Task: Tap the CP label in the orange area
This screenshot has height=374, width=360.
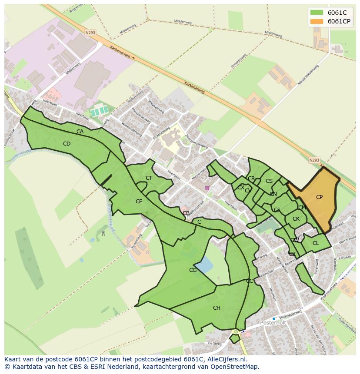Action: pyautogui.click(x=319, y=197)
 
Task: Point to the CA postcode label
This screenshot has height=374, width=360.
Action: pyautogui.click(x=80, y=132)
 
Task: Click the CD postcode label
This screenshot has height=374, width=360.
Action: pyautogui.click(x=67, y=144)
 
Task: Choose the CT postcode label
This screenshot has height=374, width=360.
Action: pyautogui.click(x=149, y=178)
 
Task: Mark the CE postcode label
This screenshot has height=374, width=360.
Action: pyautogui.click(x=139, y=202)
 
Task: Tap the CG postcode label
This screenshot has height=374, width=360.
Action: pyautogui.click(x=193, y=270)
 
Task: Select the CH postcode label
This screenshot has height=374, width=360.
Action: pyautogui.click(x=217, y=308)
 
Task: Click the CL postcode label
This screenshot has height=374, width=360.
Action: pyautogui.click(x=316, y=243)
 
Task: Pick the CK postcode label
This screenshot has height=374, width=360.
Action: pyautogui.click(x=296, y=219)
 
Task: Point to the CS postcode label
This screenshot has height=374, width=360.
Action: pyautogui.click(x=269, y=181)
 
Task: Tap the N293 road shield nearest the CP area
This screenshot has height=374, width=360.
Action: pyautogui.click(x=314, y=160)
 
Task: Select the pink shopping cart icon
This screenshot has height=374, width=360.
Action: pyautogui.click(x=207, y=188)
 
